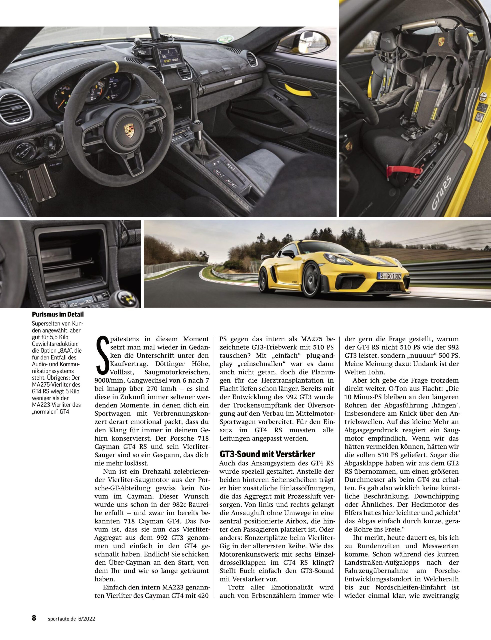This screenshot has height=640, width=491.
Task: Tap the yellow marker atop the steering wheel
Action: pyautogui.click(x=116, y=64)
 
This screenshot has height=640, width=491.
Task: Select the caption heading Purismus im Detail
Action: pyautogui.click(x=58, y=314)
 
